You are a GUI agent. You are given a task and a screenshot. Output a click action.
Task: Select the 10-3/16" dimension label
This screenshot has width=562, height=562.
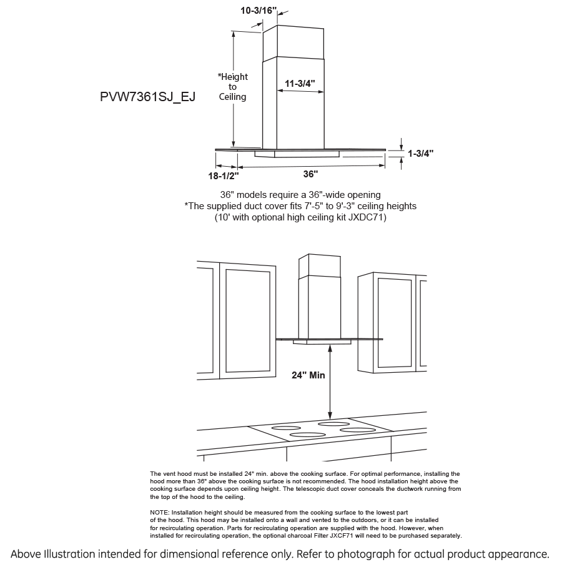259,10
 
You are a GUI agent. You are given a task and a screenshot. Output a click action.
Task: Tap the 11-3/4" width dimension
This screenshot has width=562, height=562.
300,82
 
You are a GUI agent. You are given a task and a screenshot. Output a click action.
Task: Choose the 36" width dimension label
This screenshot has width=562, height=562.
310,174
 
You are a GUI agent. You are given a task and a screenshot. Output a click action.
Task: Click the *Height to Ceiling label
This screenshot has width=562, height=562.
232,87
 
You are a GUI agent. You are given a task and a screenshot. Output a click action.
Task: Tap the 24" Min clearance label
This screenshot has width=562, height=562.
308,376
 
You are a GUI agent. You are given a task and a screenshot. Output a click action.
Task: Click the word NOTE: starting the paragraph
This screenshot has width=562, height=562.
160,511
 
